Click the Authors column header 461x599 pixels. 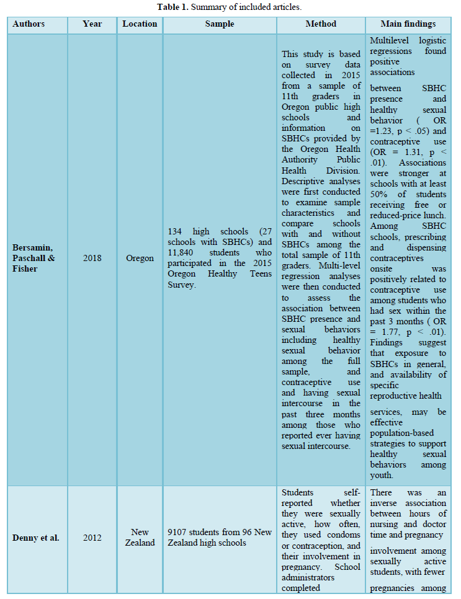click(29, 24)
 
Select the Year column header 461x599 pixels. click(92, 24)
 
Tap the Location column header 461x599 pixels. click(140, 24)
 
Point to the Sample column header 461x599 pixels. click(220, 24)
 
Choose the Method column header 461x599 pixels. click(320, 24)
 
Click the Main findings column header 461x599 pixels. click(408, 24)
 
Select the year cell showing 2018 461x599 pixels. click(92, 258)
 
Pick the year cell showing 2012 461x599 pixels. click(92, 538)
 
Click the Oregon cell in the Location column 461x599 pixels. click(140, 258)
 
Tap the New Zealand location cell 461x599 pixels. click(140, 538)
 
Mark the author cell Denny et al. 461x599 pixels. click(37, 538)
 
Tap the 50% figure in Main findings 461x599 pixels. click(380, 195)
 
